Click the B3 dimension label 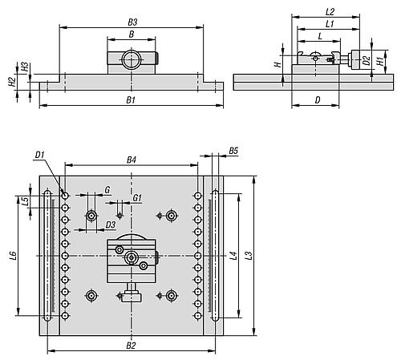(x=132, y=22)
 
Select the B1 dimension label (x=131, y=100)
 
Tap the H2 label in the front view (x=11, y=82)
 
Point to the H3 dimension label (x=25, y=67)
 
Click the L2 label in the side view (x=330, y=12)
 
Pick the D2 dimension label (x=367, y=61)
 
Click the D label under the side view (x=318, y=100)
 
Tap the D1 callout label (x=39, y=155)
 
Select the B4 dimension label (x=132, y=160)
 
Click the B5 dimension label (x=233, y=151)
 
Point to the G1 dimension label (x=137, y=198)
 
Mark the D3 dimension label (x=111, y=224)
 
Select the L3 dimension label (x=249, y=256)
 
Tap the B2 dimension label (x=131, y=346)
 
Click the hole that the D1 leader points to (x=65, y=196)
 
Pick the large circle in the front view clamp (x=131, y=59)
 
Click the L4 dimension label (x=233, y=256)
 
